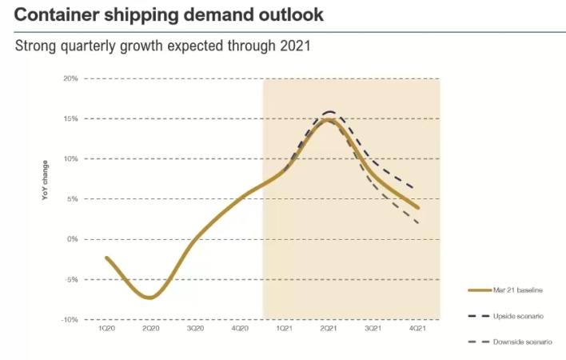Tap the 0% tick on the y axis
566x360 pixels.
click(73, 239)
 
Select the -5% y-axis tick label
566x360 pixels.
click(71, 279)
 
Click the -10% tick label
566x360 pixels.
click(70, 319)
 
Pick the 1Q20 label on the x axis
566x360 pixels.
click(106, 329)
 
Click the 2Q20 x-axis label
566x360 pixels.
click(150, 329)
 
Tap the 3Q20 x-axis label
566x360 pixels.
click(195, 329)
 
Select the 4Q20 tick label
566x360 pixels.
click(240, 329)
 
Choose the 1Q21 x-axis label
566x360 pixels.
click(284, 329)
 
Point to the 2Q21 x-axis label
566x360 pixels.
click(329, 329)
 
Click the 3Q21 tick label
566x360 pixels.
click(373, 329)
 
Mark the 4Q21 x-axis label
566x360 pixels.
click(417, 329)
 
